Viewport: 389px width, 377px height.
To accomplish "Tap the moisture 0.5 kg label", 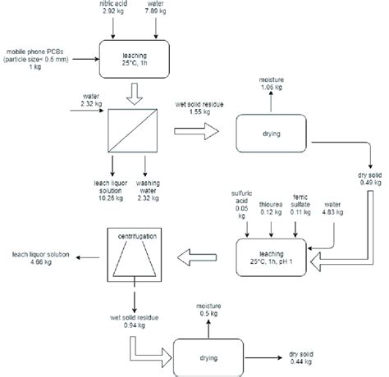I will pos(208,310).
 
